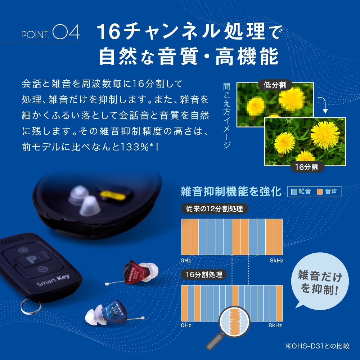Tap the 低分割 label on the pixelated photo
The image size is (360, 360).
[275, 85]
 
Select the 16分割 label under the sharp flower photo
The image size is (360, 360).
[307, 167]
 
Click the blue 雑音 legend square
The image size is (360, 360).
[293, 192]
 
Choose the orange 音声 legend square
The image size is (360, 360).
[319, 192]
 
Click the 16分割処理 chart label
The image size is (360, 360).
[204, 275]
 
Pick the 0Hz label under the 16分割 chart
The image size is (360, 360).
[186, 325]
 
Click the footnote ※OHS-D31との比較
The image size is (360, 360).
[317, 346]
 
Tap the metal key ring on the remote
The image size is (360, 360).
[30, 307]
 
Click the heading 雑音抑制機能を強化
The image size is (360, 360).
[231, 192]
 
